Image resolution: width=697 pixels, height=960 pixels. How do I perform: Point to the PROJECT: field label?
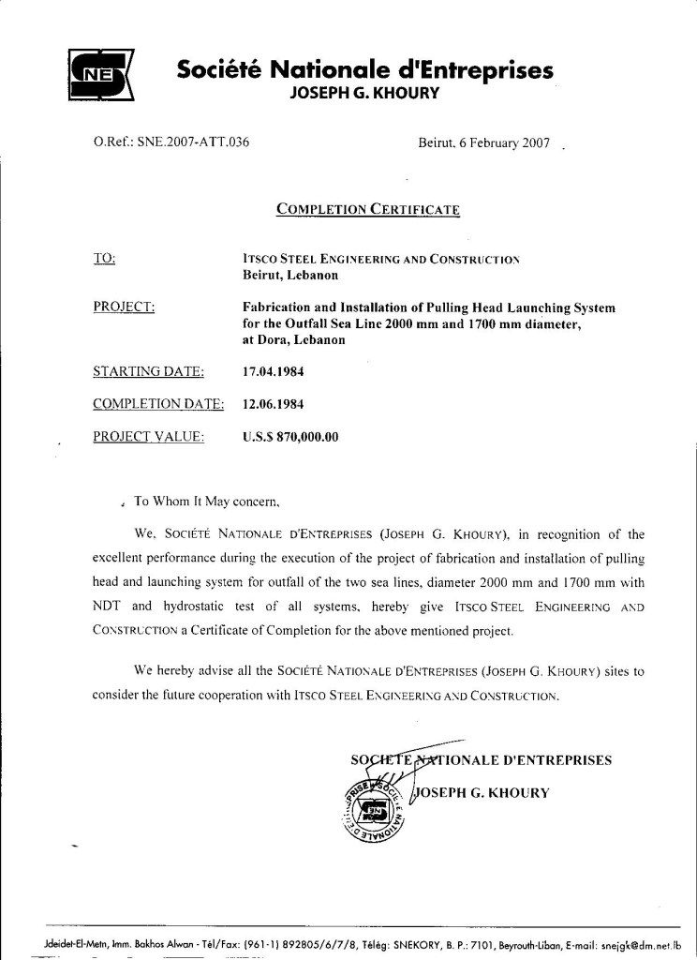tap(125, 307)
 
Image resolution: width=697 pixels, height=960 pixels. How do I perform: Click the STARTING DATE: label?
tap(149, 372)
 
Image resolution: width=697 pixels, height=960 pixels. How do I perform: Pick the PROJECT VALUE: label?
tap(149, 436)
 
